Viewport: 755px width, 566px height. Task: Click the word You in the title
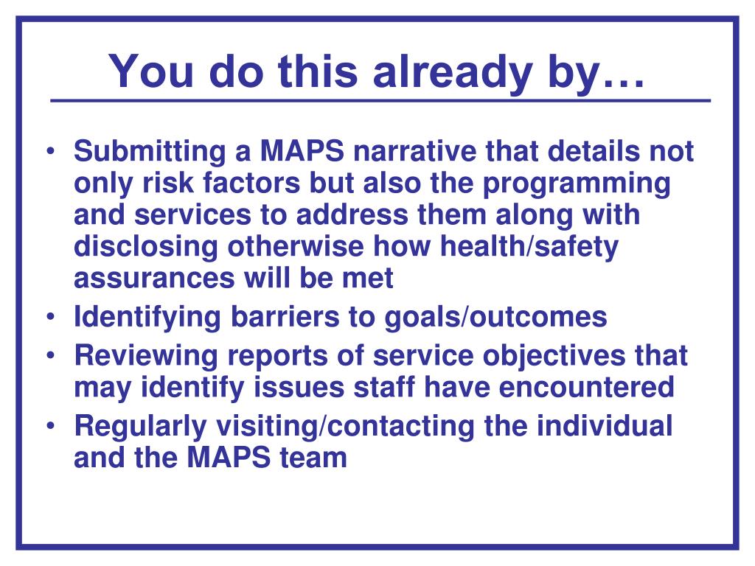151,71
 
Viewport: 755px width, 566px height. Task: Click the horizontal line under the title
380,100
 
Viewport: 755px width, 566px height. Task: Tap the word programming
576,184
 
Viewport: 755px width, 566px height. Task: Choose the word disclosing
146,247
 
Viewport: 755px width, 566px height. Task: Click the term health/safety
529,247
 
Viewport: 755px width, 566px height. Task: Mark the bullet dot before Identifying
51,318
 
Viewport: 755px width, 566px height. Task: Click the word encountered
586,388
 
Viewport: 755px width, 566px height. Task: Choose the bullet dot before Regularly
51,427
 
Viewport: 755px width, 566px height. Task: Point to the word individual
605,427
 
